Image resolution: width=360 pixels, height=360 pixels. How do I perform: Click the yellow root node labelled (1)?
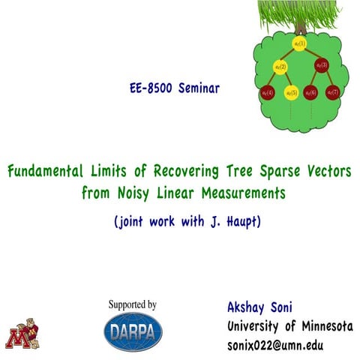(300, 44)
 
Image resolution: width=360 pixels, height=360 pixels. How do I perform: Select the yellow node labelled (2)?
(280, 68)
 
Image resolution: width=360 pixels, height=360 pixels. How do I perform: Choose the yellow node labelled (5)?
(291, 92)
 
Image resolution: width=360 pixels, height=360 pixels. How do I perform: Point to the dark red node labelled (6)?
(310, 92)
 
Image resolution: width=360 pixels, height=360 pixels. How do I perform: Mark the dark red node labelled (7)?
(333, 92)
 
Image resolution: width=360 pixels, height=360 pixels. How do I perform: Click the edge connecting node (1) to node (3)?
(311, 55)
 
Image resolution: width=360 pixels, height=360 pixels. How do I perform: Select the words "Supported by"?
(133, 305)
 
